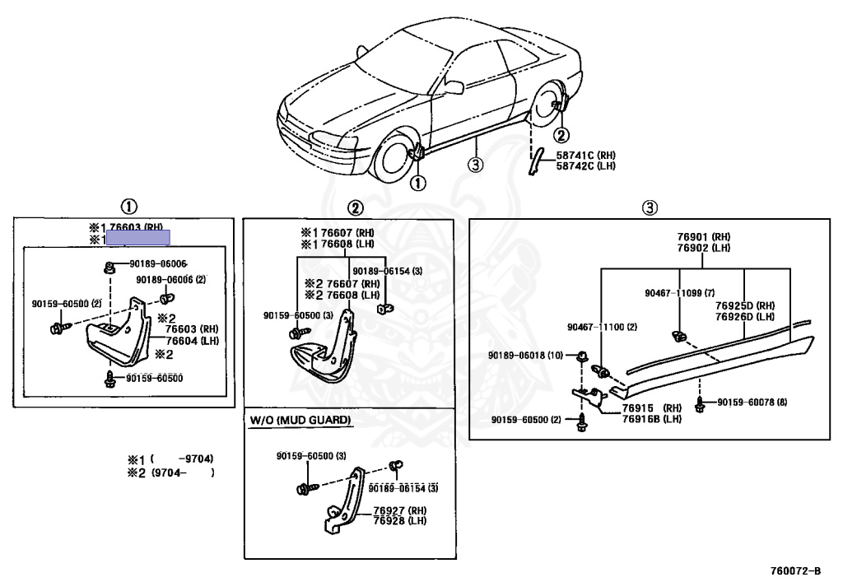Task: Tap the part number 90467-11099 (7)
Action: [x=679, y=292]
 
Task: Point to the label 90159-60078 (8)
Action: [x=752, y=403]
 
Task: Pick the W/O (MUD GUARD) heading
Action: [x=300, y=421]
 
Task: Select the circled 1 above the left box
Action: [x=129, y=207]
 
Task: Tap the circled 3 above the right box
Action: [x=650, y=207]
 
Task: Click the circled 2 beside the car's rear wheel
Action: [x=561, y=136]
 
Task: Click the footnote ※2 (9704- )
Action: [x=170, y=473]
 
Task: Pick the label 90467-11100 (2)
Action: [x=602, y=328]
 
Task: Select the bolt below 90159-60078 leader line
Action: [x=700, y=405]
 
